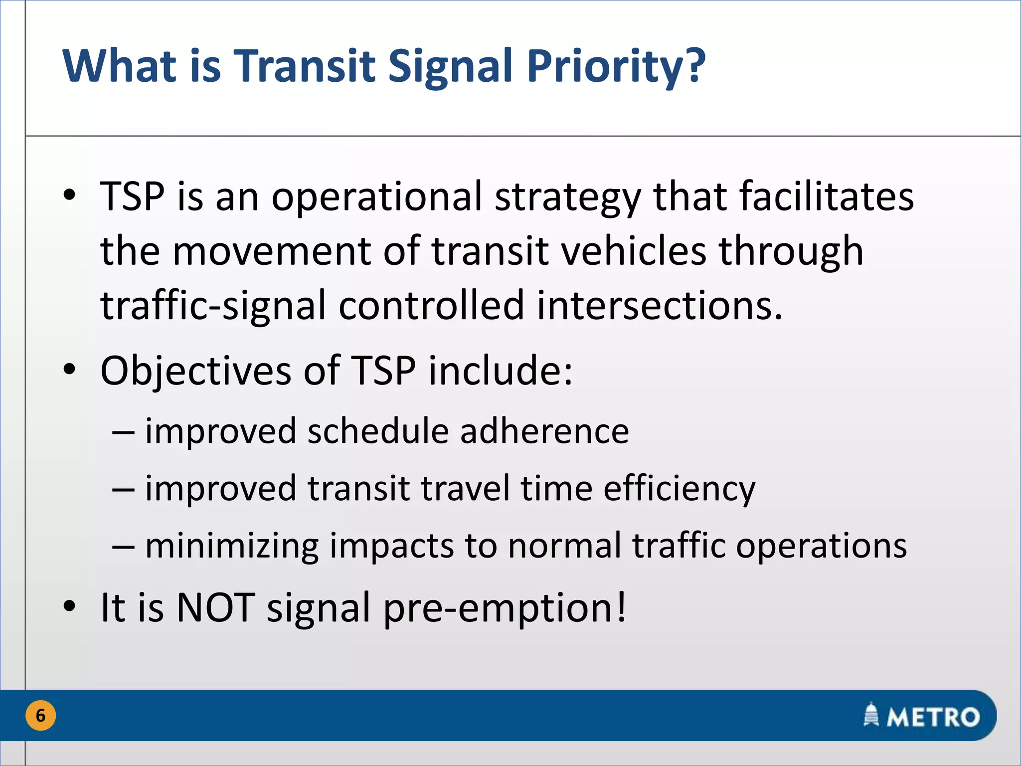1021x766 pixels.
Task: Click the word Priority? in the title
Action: (616, 66)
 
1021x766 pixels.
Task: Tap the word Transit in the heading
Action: (304, 66)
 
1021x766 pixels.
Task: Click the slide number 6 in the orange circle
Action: (40, 716)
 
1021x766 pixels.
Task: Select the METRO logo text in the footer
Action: (933, 717)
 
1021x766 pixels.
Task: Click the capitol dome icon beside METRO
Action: (871, 715)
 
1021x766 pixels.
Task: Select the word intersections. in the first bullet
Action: (660, 305)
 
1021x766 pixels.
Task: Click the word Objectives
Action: (195, 371)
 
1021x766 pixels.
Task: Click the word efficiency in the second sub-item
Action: (680, 489)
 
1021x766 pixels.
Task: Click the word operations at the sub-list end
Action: (822, 547)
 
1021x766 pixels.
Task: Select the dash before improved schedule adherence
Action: (123, 432)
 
